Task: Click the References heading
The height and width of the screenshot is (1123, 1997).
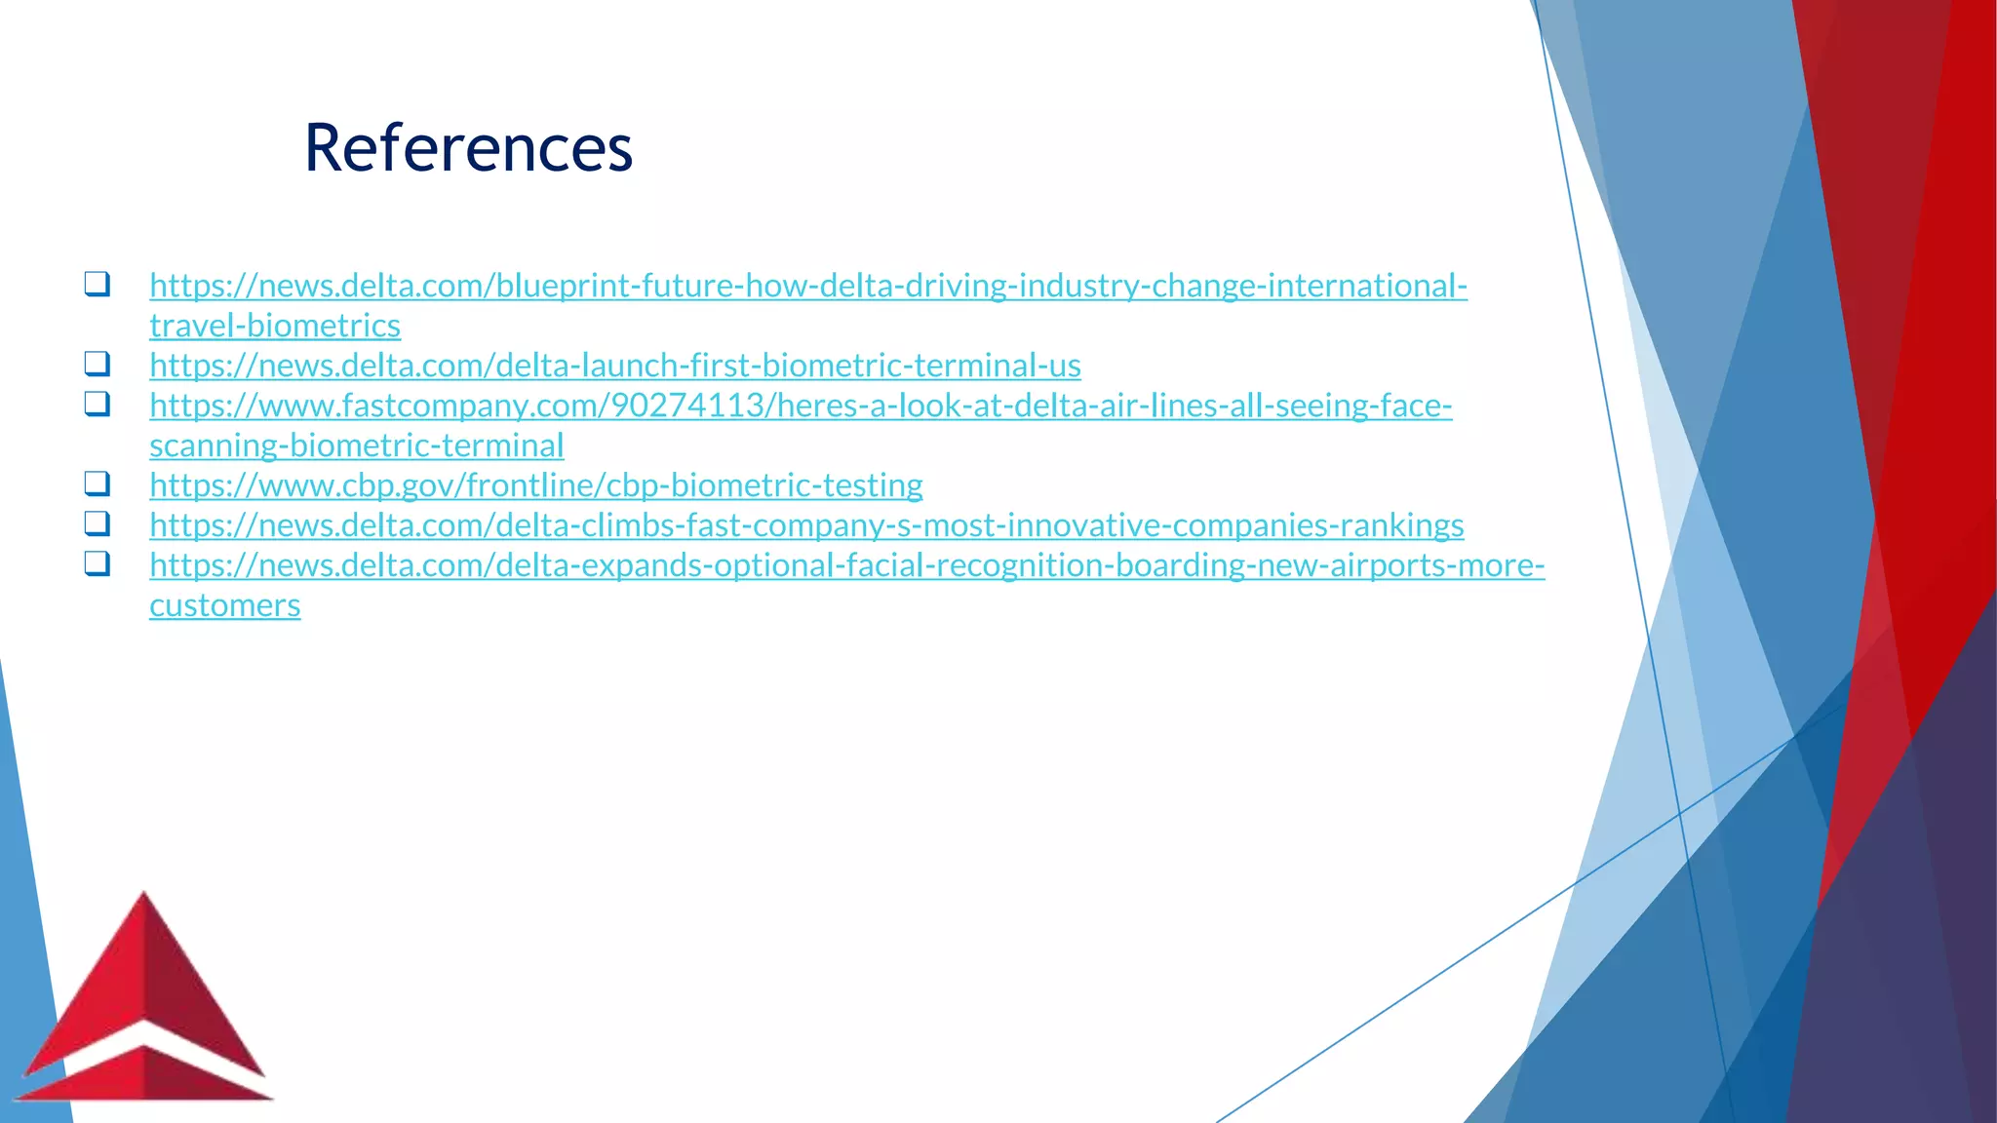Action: pyautogui.click(x=468, y=148)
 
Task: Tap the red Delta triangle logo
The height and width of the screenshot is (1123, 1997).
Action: pyautogui.click(x=144, y=1004)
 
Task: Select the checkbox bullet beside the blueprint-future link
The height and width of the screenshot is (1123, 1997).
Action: pyautogui.click(x=97, y=284)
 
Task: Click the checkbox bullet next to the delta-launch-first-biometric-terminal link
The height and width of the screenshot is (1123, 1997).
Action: pyautogui.click(x=97, y=364)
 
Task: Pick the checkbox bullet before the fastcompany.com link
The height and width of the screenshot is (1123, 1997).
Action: pyautogui.click(x=97, y=404)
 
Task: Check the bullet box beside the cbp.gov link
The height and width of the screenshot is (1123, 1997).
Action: pyautogui.click(x=97, y=484)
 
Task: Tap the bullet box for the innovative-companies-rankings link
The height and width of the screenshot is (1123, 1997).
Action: pyautogui.click(x=97, y=523)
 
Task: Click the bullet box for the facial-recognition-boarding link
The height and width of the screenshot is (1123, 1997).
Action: pyautogui.click(x=97, y=563)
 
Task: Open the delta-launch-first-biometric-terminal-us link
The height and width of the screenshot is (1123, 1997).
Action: pyautogui.click(x=614, y=366)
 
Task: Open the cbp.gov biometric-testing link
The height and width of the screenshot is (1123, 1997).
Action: pyautogui.click(x=535, y=485)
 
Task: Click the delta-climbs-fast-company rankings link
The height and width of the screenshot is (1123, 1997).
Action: pyautogui.click(x=805, y=525)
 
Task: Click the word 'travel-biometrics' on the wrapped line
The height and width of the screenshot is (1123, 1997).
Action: pyautogui.click(x=275, y=326)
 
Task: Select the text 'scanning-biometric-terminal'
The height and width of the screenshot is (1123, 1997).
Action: pyautogui.click(x=356, y=445)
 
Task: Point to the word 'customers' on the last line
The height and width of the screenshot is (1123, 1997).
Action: pyautogui.click(x=224, y=605)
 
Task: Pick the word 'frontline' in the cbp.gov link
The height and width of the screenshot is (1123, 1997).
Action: pyautogui.click(x=531, y=485)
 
